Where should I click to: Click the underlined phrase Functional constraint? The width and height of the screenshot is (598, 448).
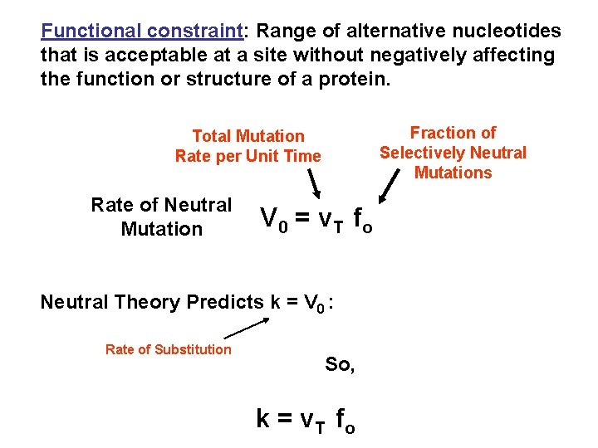141,32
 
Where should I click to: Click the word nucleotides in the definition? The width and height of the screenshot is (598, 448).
510,32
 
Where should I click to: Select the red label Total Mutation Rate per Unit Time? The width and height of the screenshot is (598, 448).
248,145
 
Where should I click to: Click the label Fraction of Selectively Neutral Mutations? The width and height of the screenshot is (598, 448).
453,153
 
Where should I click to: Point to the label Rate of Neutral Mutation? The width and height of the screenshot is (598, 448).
161,217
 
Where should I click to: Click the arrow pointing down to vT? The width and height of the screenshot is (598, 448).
315,182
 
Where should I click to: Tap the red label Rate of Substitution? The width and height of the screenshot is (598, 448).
168,349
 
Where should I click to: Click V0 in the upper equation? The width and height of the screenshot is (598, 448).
273,218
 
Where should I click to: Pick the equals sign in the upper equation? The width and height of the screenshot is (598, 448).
303,218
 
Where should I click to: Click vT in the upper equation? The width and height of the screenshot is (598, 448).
330,219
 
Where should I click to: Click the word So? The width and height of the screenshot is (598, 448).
339,364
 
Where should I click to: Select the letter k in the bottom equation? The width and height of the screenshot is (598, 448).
262,419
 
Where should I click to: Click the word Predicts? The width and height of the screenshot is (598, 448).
224,302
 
